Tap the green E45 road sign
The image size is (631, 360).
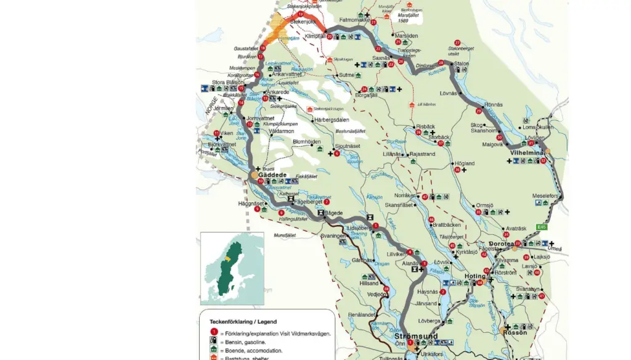tap(541, 227)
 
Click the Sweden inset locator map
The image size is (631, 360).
tap(232, 269)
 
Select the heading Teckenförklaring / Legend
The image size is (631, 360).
tap(243, 321)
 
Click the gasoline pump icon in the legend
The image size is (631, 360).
tap(213, 342)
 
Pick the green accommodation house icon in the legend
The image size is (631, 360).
tap(213, 350)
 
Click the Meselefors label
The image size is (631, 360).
tap(545, 196)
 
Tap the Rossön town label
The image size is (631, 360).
tap(515, 332)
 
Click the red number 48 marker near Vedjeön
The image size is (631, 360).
tap(386, 288)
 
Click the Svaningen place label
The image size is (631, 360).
tap(333, 235)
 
